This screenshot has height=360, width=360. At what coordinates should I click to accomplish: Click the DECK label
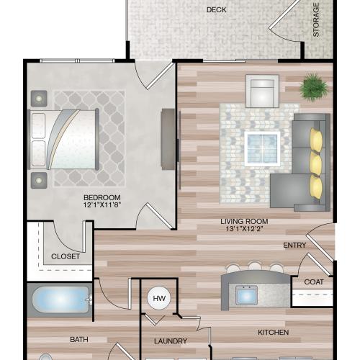point(213,10)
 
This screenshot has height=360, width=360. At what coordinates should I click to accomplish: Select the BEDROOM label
point(102,197)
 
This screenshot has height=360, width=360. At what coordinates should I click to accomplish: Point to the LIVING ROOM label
point(246,221)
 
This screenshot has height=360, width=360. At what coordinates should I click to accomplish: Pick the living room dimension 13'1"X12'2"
point(246,230)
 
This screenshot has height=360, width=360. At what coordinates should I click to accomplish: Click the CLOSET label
point(66,256)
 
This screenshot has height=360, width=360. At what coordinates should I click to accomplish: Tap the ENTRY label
point(294,246)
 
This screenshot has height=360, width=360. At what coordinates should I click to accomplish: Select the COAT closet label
point(312,282)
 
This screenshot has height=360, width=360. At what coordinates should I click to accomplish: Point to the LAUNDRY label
point(171,341)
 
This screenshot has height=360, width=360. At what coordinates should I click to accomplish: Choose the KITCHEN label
point(274,332)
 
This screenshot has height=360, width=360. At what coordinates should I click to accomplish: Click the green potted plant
point(314,89)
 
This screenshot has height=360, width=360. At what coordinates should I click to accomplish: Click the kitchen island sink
point(246,295)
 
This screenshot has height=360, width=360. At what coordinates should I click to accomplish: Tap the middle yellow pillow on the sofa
point(315,161)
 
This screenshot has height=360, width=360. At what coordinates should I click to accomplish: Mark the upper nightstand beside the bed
point(37,96)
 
